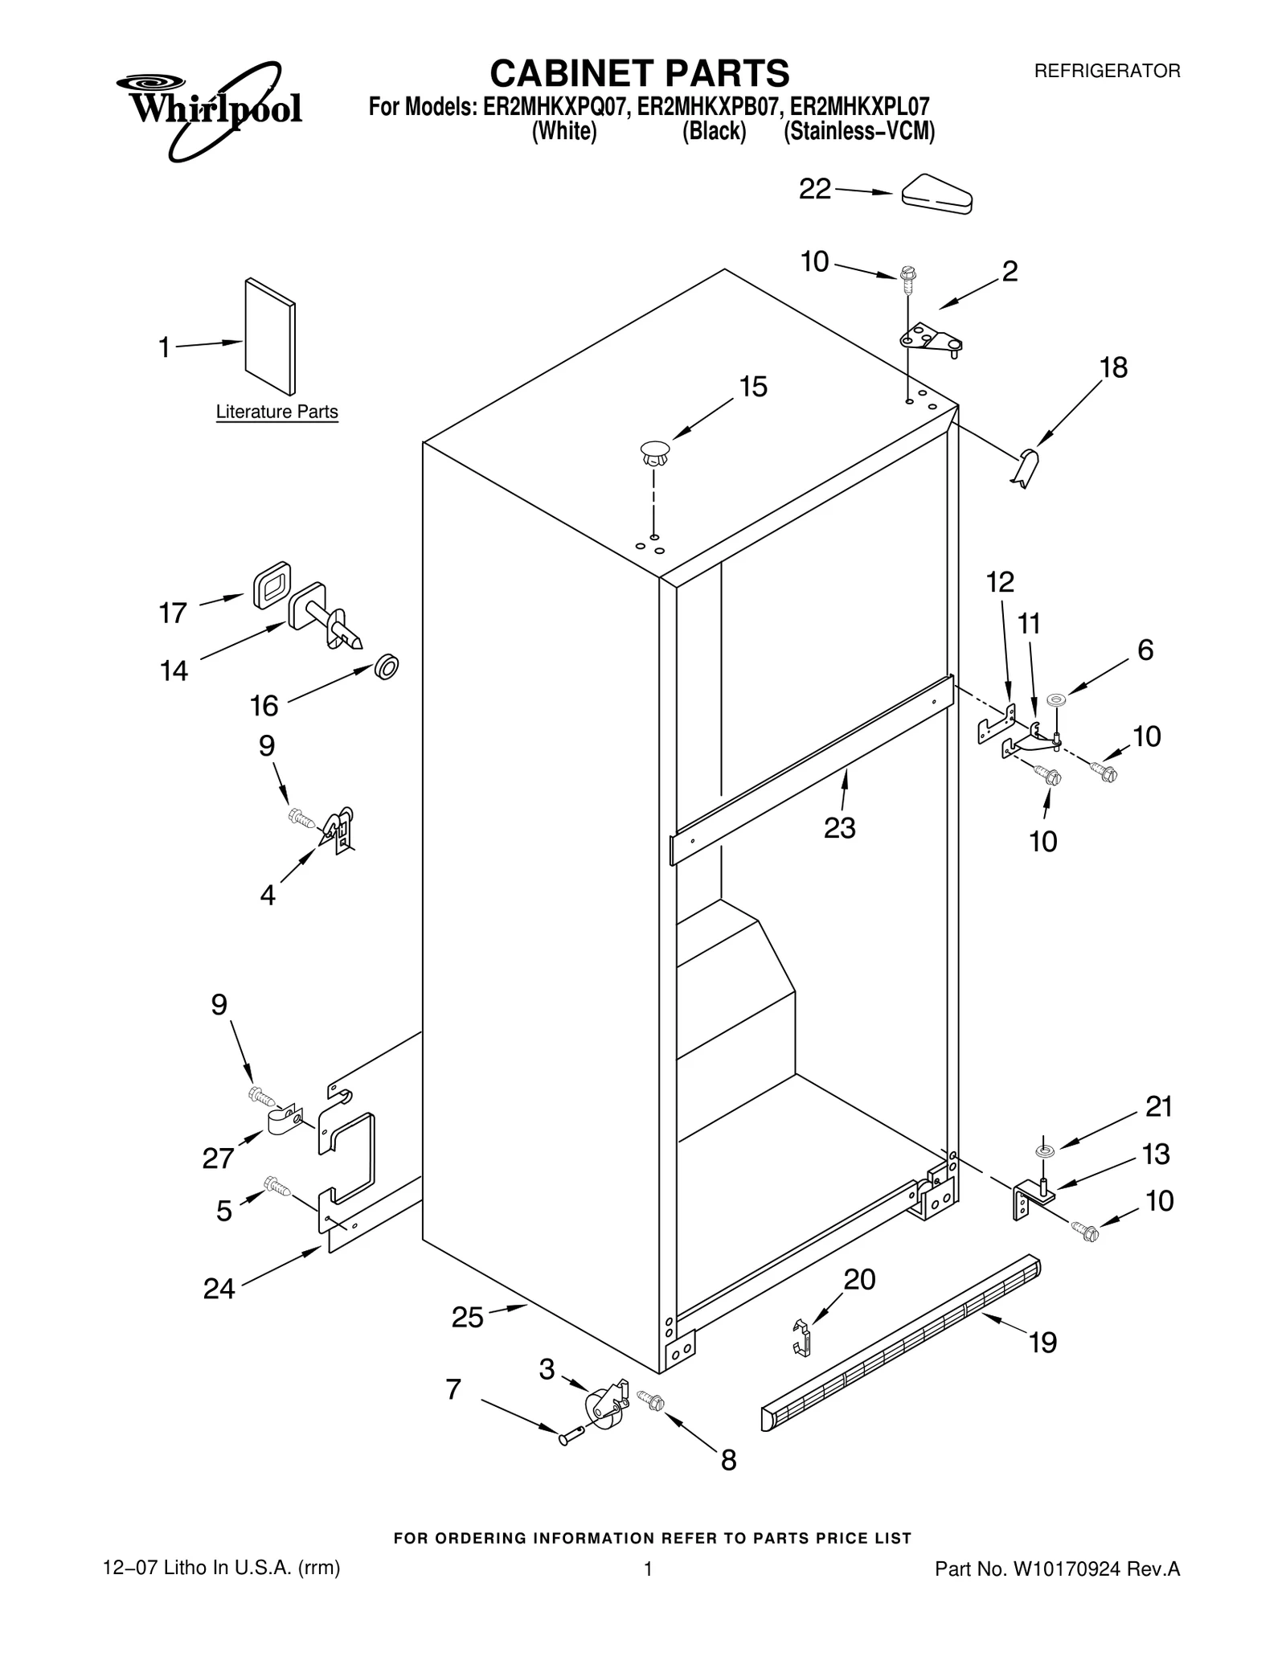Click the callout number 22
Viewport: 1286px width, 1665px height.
(814, 190)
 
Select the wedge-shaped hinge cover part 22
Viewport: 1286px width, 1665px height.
(937, 194)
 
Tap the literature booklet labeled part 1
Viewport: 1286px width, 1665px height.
(269, 338)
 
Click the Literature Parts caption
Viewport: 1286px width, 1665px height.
(276, 412)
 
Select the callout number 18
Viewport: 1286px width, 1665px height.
(1113, 367)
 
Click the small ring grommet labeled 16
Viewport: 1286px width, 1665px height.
(387, 666)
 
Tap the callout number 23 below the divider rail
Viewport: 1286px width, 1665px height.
(839, 827)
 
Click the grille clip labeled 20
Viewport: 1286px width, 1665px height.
(801, 1338)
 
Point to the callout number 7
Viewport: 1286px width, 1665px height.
(453, 1388)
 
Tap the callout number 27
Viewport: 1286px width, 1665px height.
(218, 1159)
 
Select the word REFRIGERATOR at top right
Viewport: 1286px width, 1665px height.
(1107, 71)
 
